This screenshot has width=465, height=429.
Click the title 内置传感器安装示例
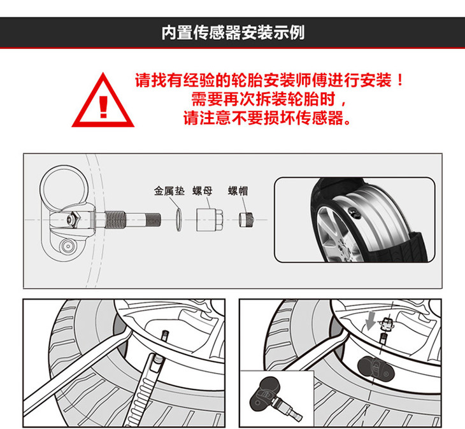click(233, 32)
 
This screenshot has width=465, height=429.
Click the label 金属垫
click(169, 191)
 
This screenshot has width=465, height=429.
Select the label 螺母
click(203, 191)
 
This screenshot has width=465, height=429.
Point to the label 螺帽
click(238, 191)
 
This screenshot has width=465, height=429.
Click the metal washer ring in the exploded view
click(178, 220)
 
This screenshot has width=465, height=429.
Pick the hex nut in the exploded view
click(210, 220)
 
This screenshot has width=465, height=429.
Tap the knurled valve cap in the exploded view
click(246, 220)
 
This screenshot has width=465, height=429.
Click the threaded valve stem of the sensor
click(132, 220)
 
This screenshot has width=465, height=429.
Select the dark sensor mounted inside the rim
click(376, 367)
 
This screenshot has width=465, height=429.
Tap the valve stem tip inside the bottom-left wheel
click(165, 335)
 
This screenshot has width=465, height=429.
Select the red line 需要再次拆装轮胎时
click(268, 99)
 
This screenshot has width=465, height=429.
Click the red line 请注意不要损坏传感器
click(267, 118)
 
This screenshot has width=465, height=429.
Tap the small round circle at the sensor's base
click(67, 246)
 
